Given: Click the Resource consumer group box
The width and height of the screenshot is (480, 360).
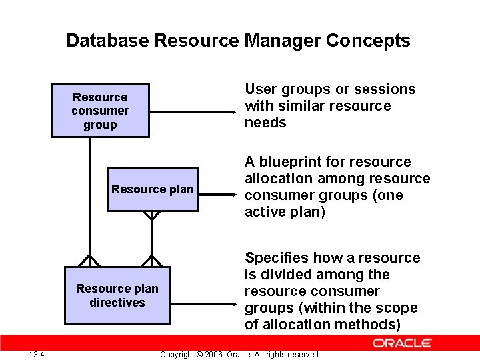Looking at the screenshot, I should (100, 111).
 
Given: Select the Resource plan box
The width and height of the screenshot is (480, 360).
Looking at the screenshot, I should (153, 189).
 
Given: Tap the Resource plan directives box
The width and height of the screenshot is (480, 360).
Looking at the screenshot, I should (117, 295).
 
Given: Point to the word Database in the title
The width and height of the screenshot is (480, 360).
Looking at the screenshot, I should (107, 41).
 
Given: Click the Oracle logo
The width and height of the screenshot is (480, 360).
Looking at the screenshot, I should (402, 343).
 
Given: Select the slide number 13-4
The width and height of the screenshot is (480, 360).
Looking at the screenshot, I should (37, 354).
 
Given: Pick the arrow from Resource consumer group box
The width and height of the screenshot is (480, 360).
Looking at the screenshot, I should (193, 111).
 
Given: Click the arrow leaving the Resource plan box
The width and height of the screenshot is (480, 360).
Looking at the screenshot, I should (217, 196).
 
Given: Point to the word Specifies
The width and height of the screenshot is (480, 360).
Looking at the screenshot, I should (276, 258).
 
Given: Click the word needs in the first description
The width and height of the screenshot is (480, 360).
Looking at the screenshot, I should (265, 123).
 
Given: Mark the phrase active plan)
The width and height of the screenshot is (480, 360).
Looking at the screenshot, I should (285, 212).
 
